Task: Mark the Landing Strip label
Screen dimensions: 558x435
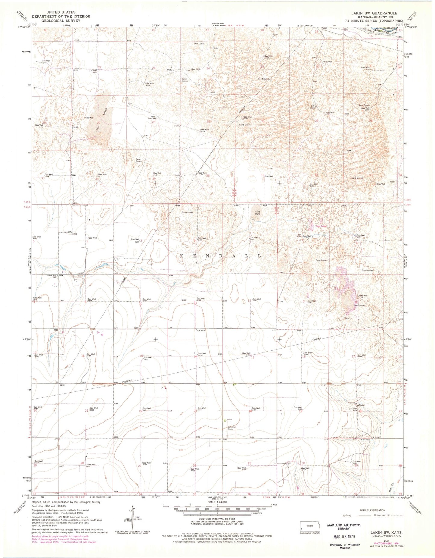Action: (231, 428)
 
